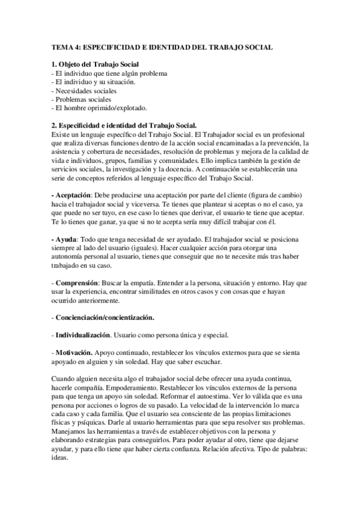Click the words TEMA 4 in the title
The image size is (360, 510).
point(63,46)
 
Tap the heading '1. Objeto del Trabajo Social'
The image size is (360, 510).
point(97,64)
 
